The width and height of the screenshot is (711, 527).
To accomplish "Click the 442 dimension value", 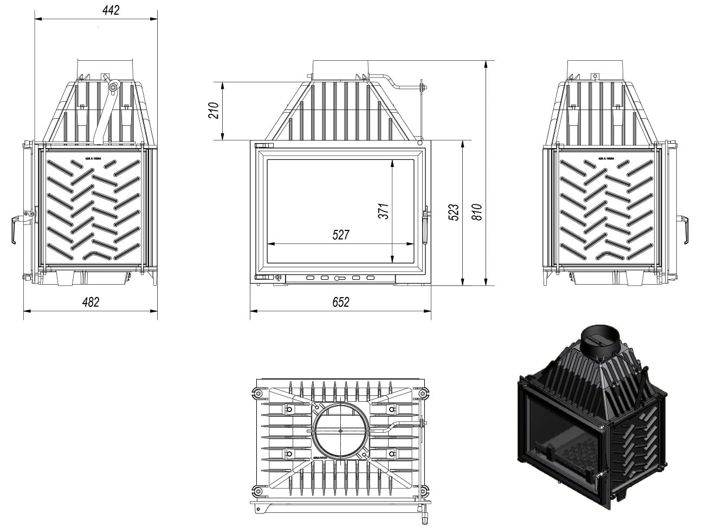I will pyautogui.click(x=109, y=10).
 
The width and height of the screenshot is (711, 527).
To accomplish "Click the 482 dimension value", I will pyautogui.click(x=91, y=302).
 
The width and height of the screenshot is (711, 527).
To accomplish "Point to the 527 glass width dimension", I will pyautogui.click(x=341, y=235).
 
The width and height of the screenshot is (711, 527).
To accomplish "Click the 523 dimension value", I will pyautogui.click(x=454, y=211).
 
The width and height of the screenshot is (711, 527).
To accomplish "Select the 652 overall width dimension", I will pyautogui.click(x=340, y=302).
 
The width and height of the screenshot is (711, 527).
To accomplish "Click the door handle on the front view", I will pyautogui.click(x=425, y=220).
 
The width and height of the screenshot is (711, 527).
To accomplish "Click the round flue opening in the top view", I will pyautogui.click(x=340, y=432).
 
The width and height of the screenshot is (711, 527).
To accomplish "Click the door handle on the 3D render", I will pyautogui.click(x=599, y=477).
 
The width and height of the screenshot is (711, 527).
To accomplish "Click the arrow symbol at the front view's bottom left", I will pyautogui.click(x=279, y=277).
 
